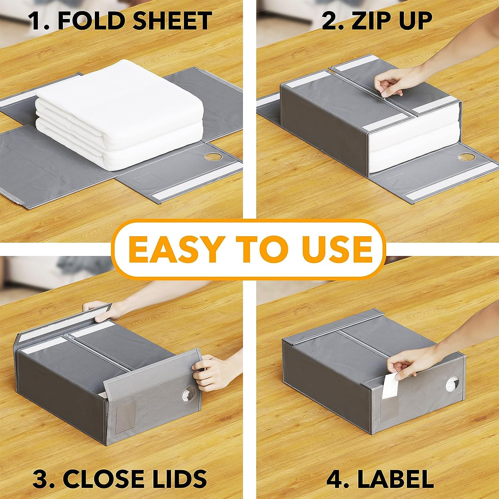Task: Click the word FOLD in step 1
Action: point(90,20)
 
